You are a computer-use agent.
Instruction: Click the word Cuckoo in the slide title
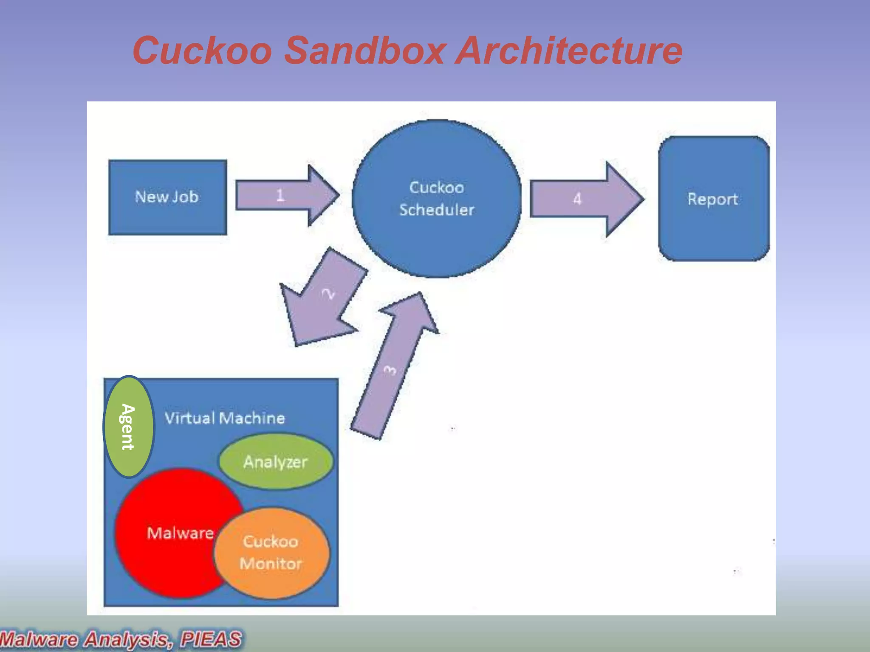pos(202,51)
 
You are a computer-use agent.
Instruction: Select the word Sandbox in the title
pos(364,51)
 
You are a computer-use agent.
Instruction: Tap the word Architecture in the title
pos(569,51)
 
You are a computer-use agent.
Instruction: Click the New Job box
pos(167,197)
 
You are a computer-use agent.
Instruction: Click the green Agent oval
pos(128,427)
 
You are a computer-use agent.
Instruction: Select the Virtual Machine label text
pos(225,419)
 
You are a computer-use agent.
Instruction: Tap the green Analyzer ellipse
pos(275,462)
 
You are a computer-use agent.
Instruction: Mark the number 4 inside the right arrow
pos(577,199)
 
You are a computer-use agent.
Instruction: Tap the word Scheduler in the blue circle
pos(436,210)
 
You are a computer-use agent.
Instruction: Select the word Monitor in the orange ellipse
pos(271,564)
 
